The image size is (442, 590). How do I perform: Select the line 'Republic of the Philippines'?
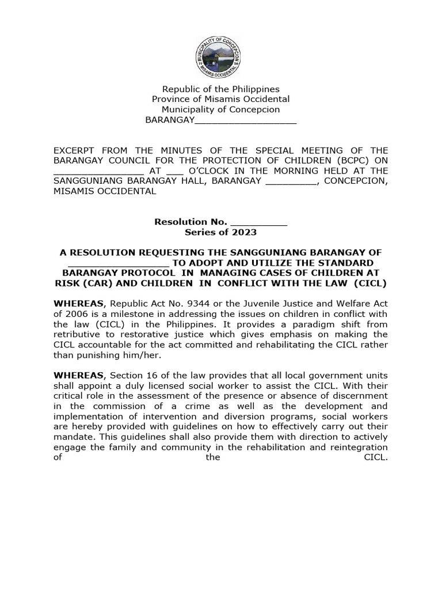click(220, 89)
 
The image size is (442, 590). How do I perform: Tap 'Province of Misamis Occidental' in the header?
click(220, 99)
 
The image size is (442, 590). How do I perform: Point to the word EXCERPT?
click(75, 150)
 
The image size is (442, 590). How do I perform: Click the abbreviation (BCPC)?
click(344, 160)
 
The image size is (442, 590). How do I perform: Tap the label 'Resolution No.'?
click(190, 222)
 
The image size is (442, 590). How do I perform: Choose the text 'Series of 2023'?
click(220, 232)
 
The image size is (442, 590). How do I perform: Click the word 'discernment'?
click(357, 396)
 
